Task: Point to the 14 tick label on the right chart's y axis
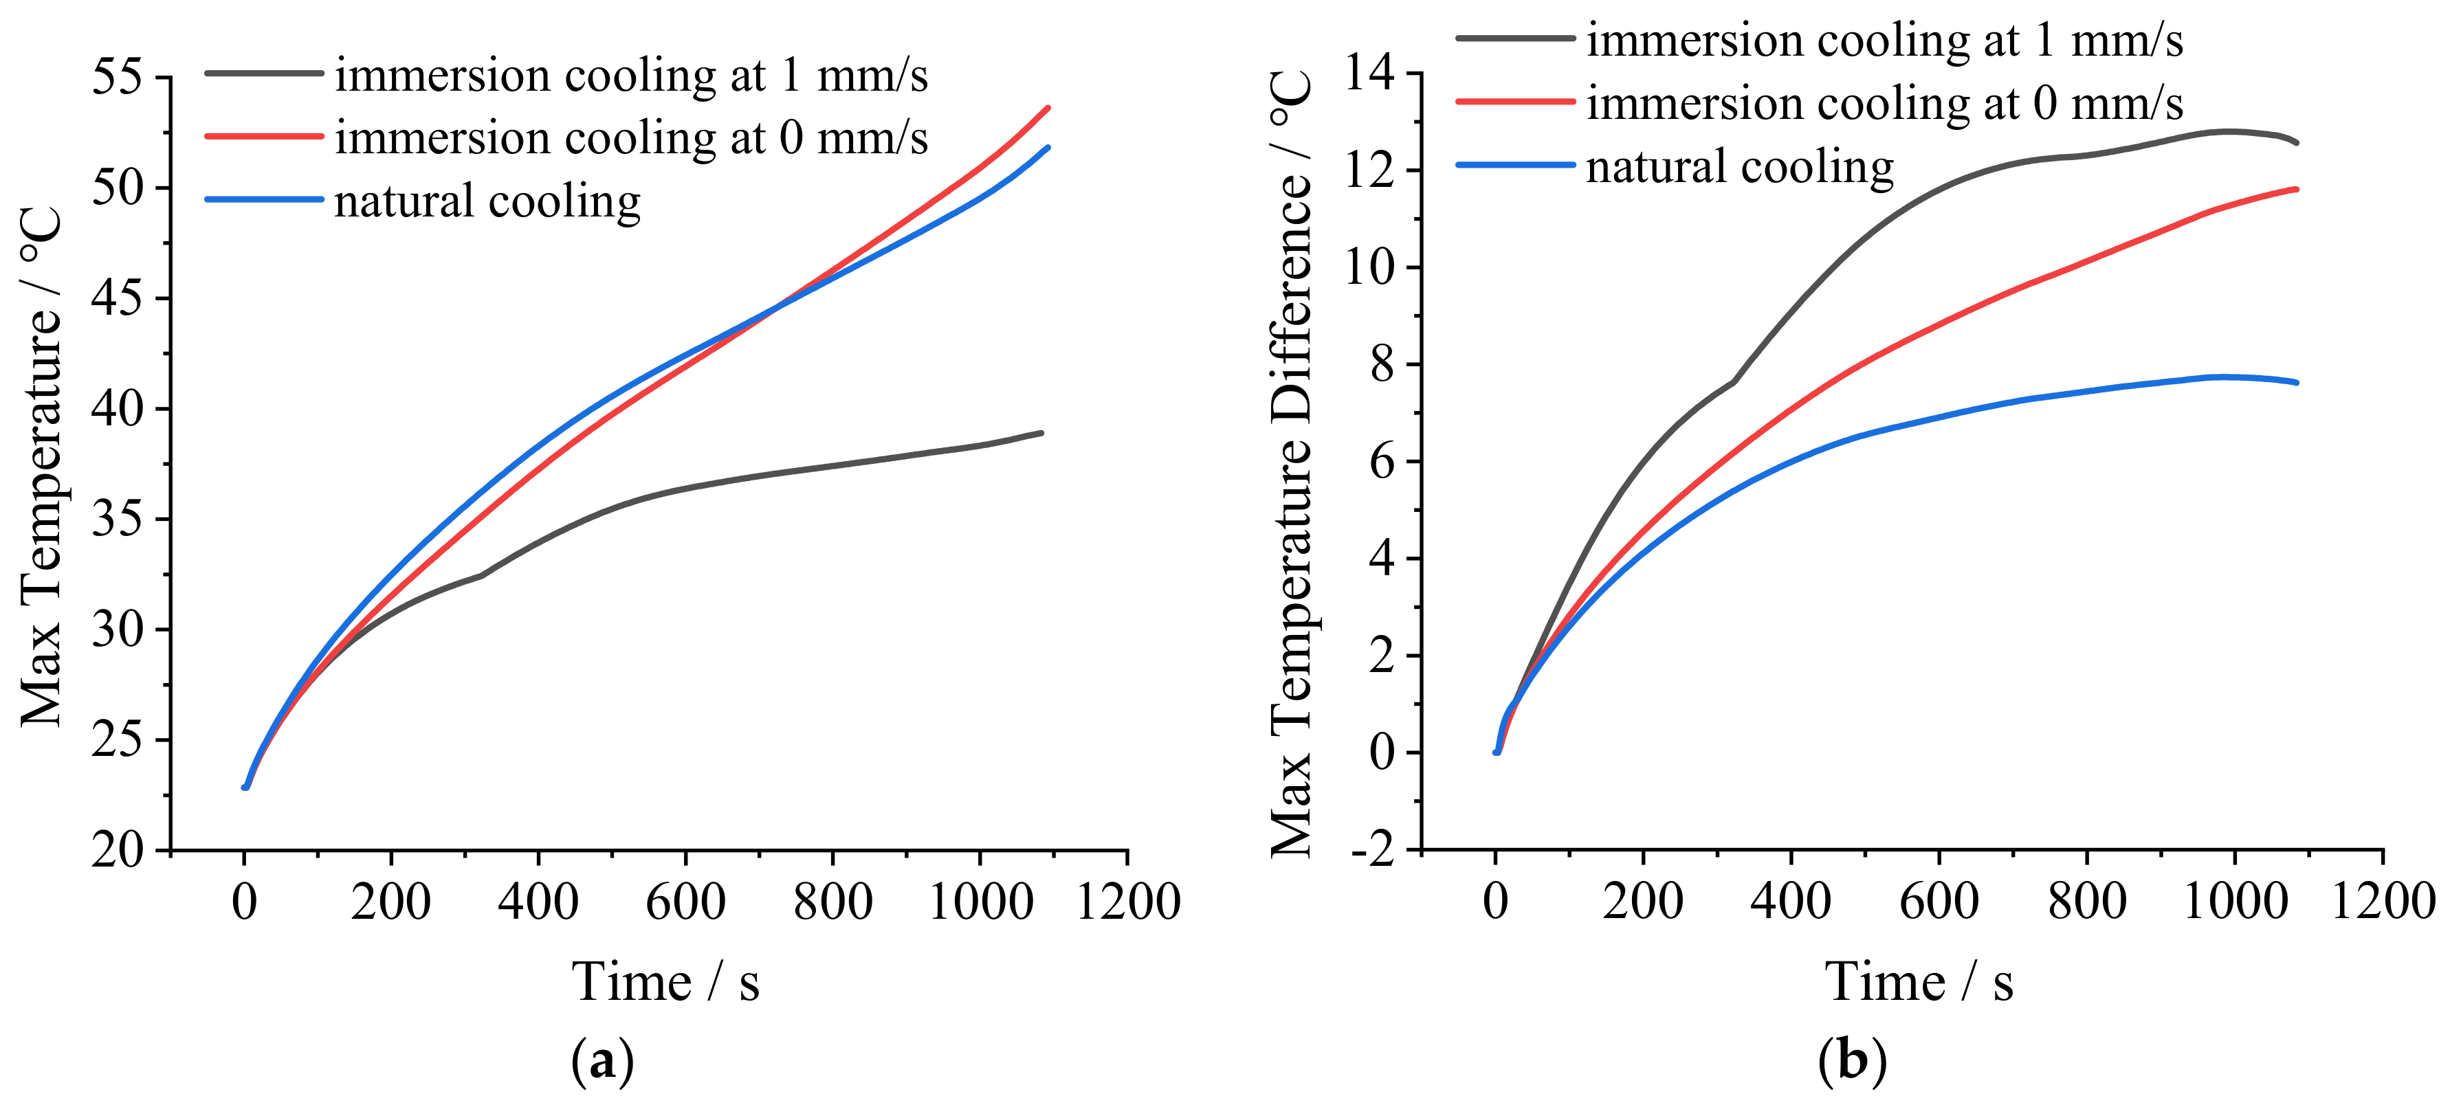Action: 1369,74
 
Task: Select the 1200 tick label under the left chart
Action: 1127,900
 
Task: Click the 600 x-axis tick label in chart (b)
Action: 1939,900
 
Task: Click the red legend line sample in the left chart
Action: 263,136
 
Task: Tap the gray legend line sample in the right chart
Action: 1515,38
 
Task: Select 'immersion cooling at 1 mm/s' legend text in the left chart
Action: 630,75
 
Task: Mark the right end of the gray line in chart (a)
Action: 1041,433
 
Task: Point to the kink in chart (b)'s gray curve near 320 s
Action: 1733,381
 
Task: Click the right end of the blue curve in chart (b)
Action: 2296,382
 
